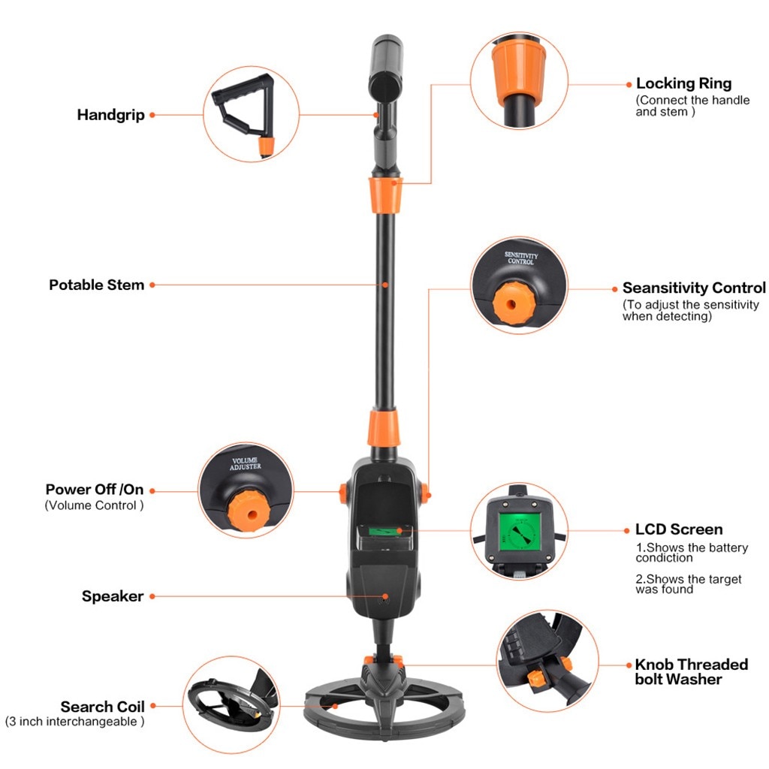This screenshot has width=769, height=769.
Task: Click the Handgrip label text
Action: (110, 115)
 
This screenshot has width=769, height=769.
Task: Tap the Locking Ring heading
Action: (683, 83)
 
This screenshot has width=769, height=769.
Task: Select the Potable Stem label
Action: (96, 285)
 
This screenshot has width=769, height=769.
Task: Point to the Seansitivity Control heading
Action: (694, 288)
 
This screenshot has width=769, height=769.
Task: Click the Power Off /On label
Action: (94, 490)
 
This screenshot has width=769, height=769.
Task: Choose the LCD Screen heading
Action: (679, 529)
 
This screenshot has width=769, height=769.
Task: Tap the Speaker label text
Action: (113, 596)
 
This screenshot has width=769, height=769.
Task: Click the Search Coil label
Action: (102, 707)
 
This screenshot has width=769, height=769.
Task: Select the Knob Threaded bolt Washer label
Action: (691, 671)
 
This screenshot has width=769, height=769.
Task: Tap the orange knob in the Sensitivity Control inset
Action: (512, 303)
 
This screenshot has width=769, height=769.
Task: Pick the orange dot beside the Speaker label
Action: (152, 596)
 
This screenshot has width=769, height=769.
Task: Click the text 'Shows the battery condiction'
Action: (691, 553)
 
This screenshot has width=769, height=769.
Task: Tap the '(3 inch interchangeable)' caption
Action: (75, 722)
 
